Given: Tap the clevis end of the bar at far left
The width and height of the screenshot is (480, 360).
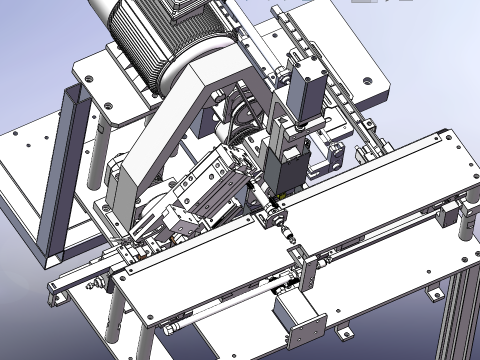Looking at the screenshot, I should point(53,294).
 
